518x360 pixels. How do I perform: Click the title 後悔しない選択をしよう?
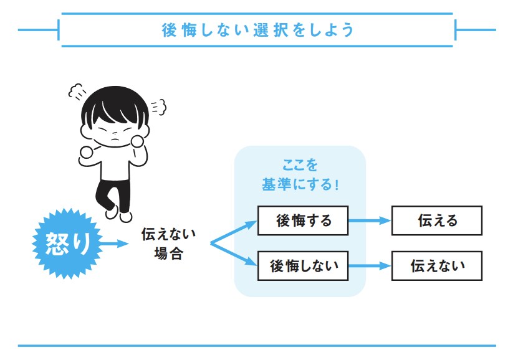(257, 30)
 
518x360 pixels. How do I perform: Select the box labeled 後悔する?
(303, 220)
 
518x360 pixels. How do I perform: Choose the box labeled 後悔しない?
(303, 266)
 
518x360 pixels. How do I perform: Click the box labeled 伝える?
(436, 220)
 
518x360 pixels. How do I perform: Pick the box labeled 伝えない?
(436, 266)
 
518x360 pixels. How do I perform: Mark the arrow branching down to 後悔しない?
(234, 255)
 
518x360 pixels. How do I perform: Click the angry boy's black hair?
(116, 103)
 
